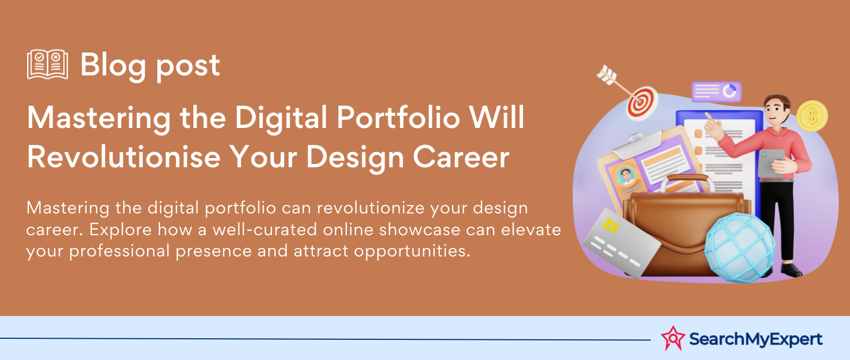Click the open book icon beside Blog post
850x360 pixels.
click(x=47, y=64)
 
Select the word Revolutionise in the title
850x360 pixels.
click(x=124, y=157)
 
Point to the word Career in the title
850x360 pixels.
click(x=461, y=157)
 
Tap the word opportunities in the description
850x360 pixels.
click(x=412, y=251)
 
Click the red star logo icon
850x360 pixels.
click(x=673, y=338)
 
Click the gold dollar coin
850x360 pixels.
click(x=812, y=116)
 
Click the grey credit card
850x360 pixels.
click(x=620, y=243)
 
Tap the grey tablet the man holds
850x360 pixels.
click(x=771, y=163)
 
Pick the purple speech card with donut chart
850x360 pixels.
click(x=716, y=91)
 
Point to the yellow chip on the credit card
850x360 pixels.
click(x=610, y=226)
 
